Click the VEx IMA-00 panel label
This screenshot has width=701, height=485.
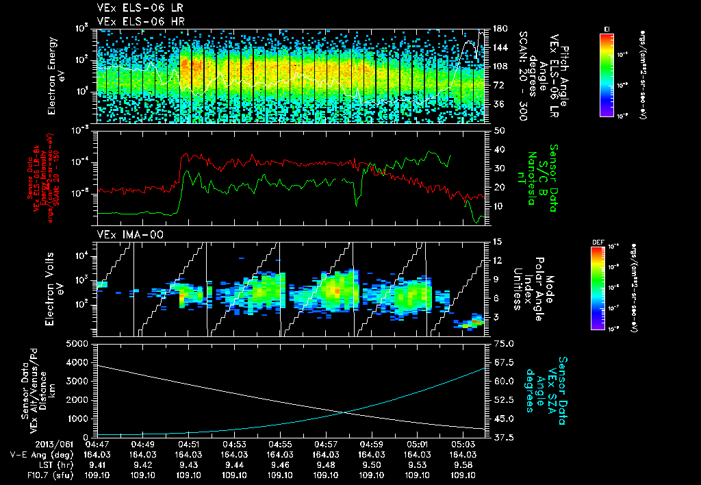(x=123, y=234)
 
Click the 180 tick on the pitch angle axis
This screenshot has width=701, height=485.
(x=499, y=28)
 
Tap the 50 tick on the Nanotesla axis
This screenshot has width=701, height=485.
(x=499, y=130)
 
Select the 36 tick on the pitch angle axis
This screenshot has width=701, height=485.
(x=499, y=104)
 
